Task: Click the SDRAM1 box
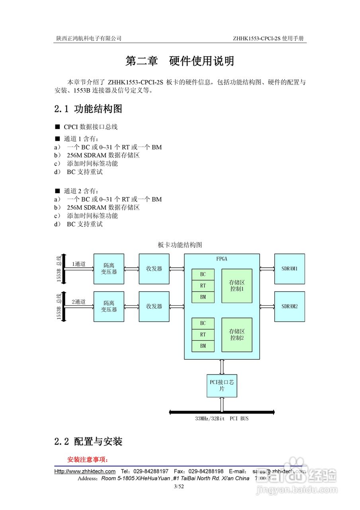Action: (x=290, y=269)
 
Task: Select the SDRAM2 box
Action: (x=290, y=306)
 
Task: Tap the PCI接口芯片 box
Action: (x=222, y=386)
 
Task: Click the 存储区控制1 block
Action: (x=237, y=286)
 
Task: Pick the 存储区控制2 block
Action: (x=237, y=335)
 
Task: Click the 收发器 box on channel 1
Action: (x=154, y=269)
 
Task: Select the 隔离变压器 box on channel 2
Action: (x=109, y=306)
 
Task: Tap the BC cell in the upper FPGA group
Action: (x=203, y=275)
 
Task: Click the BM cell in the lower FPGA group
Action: (x=203, y=346)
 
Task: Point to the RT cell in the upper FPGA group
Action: (x=203, y=286)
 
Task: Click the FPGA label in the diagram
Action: (x=222, y=259)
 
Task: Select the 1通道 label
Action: (x=78, y=264)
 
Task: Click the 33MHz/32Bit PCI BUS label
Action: (x=222, y=419)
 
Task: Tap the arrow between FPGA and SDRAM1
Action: (x=267, y=269)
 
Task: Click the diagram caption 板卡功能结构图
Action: (x=180, y=245)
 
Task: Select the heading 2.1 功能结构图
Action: (x=88, y=109)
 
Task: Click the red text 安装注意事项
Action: (x=88, y=459)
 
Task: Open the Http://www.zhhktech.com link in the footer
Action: (x=85, y=471)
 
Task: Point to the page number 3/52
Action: (x=179, y=486)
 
